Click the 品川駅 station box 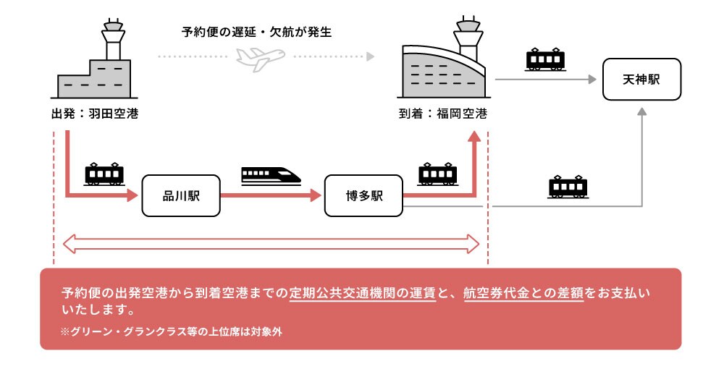(180, 195)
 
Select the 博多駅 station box (363, 195)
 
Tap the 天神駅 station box (641, 79)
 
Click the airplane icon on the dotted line (260, 57)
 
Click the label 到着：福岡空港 (442, 114)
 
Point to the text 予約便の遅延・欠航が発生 (257, 32)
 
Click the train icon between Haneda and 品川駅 (104, 174)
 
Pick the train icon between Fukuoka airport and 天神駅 (546, 59)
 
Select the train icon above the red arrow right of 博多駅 (438, 174)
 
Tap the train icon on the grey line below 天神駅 (568, 187)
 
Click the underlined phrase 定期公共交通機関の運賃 (363, 294)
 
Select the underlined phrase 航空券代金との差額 (523, 294)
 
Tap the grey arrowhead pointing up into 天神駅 (641, 111)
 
